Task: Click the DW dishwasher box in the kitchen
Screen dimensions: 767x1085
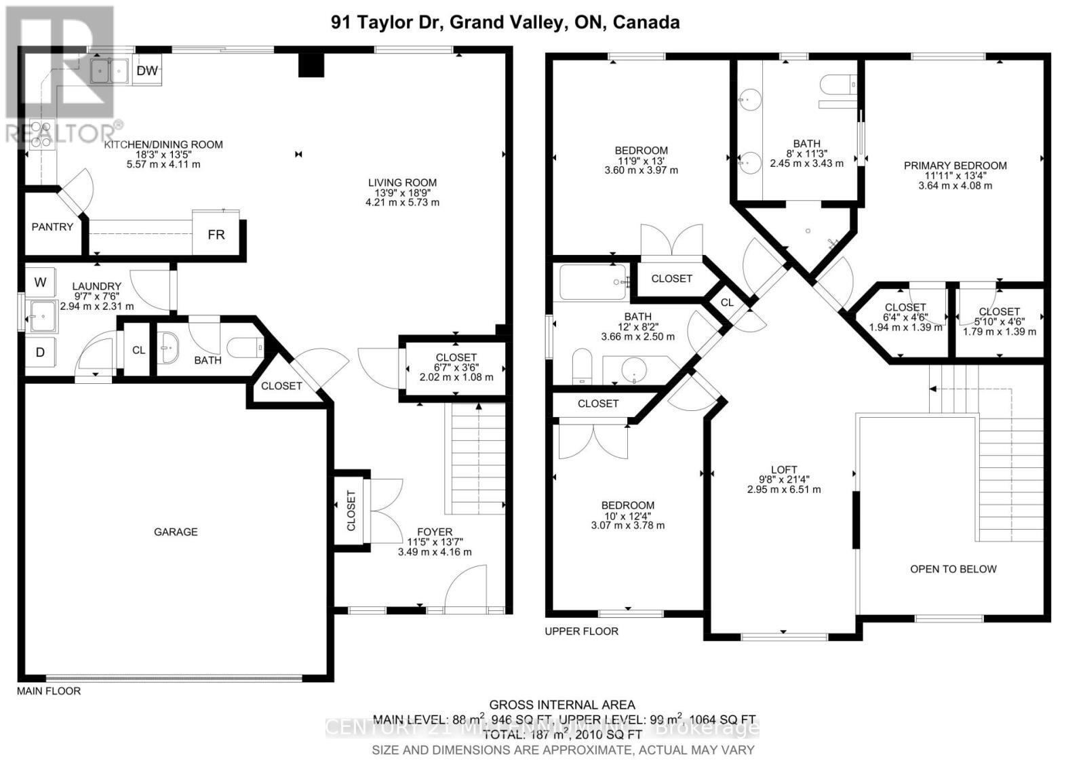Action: pos(147,71)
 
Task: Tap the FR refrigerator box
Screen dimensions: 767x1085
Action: pos(216,235)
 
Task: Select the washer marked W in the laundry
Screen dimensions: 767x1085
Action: pos(40,282)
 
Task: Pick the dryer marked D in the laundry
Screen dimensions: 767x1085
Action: pos(40,352)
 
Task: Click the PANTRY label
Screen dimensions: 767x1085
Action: pos(52,227)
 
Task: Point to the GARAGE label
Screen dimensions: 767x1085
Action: pos(176,532)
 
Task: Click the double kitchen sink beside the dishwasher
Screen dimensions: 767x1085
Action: pos(109,71)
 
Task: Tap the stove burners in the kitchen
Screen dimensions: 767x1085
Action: pos(41,134)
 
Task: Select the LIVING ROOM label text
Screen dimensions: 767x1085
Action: pos(402,182)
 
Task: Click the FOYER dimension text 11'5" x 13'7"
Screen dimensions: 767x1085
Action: pos(435,542)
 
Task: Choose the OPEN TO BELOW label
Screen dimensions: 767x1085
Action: pos(953,569)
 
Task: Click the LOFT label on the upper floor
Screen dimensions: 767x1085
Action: pos(784,469)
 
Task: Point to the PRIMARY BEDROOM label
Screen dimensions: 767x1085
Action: pos(955,165)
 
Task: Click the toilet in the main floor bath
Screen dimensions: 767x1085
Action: pos(245,349)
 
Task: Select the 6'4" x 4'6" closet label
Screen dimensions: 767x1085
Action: pos(905,317)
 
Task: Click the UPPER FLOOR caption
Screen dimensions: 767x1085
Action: pos(581,631)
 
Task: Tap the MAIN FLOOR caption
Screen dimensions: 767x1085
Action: pos(48,691)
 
